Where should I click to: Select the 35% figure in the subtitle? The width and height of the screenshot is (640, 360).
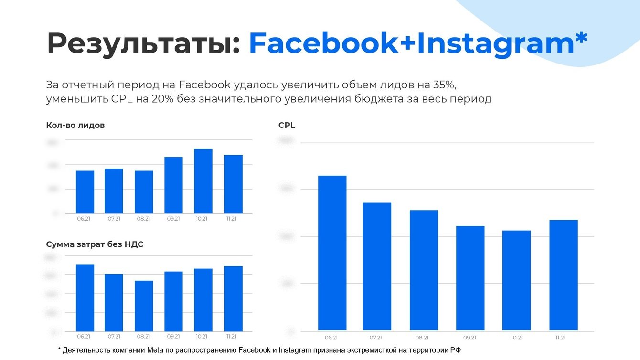[x=447, y=85]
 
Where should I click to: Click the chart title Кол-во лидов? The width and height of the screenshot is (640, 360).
[x=75, y=126]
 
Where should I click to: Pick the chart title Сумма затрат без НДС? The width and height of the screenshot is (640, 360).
[x=95, y=244]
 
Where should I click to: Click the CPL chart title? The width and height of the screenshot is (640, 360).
[x=287, y=126]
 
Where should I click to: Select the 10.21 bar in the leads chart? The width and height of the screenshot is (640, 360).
[x=203, y=181]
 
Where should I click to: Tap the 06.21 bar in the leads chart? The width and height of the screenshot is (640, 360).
[x=85, y=192]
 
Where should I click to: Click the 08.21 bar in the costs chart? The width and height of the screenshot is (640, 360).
[x=144, y=306]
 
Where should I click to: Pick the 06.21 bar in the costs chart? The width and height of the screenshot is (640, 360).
[x=85, y=298]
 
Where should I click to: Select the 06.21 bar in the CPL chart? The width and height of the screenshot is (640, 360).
[x=332, y=253]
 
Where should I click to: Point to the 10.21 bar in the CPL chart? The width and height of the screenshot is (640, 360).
[x=516, y=280]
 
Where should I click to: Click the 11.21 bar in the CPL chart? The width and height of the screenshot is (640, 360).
[x=564, y=275]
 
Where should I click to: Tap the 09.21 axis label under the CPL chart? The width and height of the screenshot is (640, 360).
[x=470, y=338]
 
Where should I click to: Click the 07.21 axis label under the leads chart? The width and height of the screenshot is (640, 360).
[x=114, y=219]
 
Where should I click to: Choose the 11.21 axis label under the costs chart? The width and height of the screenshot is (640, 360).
[x=231, y=337]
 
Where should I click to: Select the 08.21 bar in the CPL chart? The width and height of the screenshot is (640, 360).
[x=424, y=270]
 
